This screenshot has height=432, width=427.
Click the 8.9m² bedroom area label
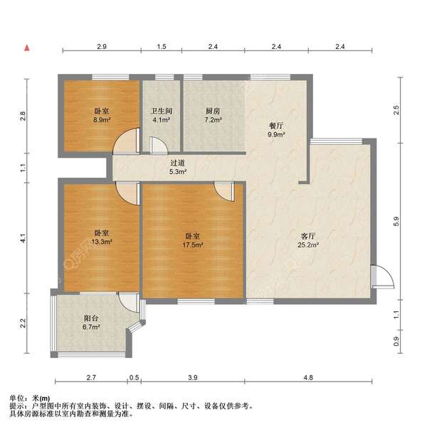[101, 121]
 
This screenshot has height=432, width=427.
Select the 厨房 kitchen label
[213, 112]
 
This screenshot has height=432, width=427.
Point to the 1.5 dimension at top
[162, 46]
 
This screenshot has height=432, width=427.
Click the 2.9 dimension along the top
[102, 46]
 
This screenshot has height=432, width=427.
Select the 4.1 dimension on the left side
[23, 239]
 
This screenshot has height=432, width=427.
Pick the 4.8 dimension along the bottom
[307, 377]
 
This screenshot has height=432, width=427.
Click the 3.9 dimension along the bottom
[193, 377]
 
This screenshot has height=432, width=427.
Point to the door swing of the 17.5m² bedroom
[224, 191]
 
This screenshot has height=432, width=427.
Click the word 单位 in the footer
[16, 398]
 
